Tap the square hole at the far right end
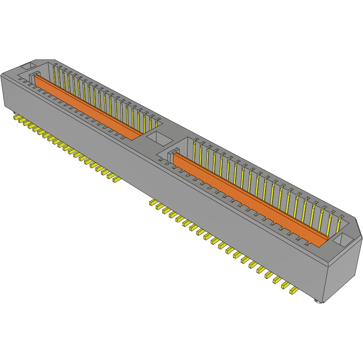pos(344,238)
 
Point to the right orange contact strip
pos(250,200)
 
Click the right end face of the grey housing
pos(342,271)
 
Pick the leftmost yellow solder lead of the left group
pos(17,119)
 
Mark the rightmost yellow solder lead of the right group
pos(293,291)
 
